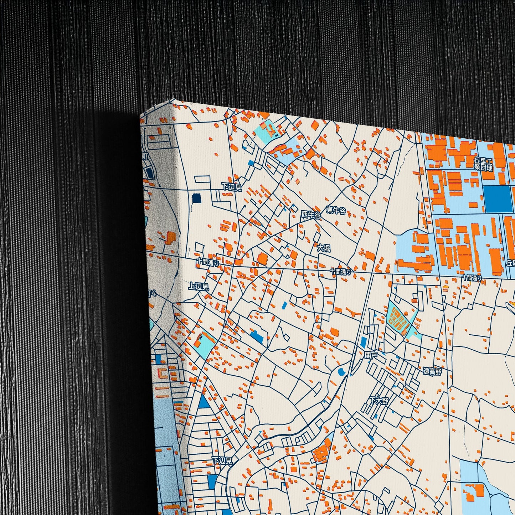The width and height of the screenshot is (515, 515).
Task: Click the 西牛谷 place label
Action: (x=311, y=215)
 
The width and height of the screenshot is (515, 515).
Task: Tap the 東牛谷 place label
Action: (x=336, y=211)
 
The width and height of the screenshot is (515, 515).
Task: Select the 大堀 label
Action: (x=324, y=248)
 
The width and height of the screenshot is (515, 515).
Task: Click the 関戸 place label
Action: (x=371, y=355)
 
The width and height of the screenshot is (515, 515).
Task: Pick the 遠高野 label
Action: (x=432, y=371)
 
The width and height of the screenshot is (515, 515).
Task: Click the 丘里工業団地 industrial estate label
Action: (x=483, y=164)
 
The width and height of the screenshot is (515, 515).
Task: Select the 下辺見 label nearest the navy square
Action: (x=231, y=186)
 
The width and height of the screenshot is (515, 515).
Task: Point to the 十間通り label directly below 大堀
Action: (x=340, y=272)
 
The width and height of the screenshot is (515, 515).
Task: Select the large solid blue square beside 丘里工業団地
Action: (x=498, y=199)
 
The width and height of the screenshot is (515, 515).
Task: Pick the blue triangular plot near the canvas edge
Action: (x=204, y=402)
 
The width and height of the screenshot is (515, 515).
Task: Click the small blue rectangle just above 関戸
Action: (x=363, y=342)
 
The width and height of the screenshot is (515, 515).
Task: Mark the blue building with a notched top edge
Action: (x=257, y=336)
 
